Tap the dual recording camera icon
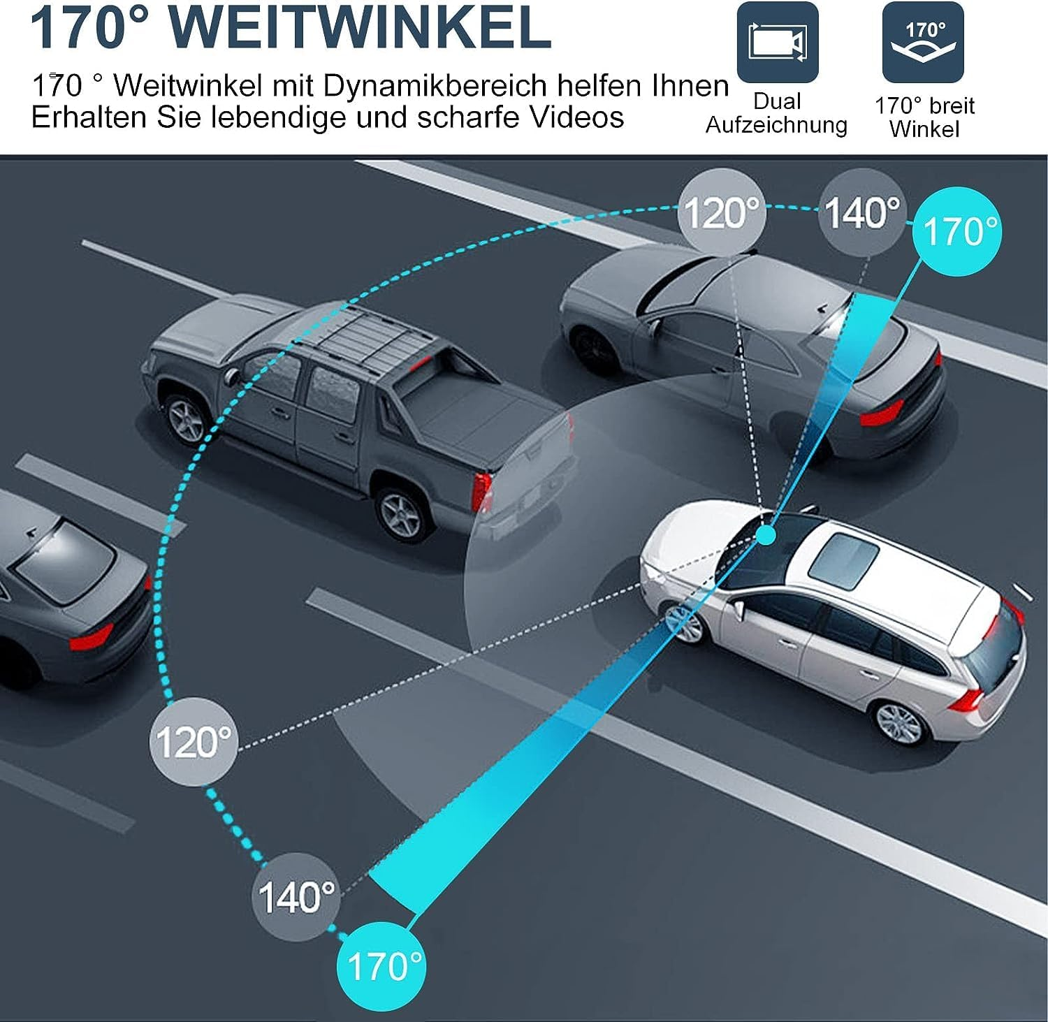click(777, 42)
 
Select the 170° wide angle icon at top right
click(923, 42)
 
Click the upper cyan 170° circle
click(956, 231)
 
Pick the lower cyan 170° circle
click(381, 966)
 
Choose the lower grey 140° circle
click(296, 896)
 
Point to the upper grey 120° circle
click(722, 212)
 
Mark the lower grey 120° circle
click(194, 741)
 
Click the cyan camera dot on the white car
click(766, 535)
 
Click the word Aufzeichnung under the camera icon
click(776, 125)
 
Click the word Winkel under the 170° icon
click(924, 129)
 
